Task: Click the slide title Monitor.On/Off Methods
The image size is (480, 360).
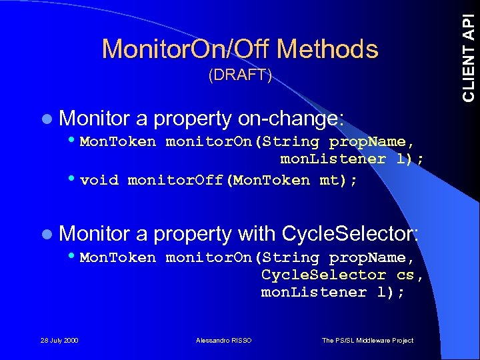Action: tap(240, 49)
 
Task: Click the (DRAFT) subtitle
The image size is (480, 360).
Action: tap(240, 75)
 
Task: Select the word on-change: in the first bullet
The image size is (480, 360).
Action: tap(291, 119)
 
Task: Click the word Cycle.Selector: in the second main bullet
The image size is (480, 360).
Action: tap(351, 234)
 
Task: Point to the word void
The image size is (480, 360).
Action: tap(99, 180)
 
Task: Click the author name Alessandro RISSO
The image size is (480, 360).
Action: tap(224, 341)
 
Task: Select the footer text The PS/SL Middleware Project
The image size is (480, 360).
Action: tap(367, 341)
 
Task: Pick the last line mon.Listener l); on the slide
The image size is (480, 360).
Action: tap(333, 292)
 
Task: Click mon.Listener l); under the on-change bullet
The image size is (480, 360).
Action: tap(352, 159)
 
